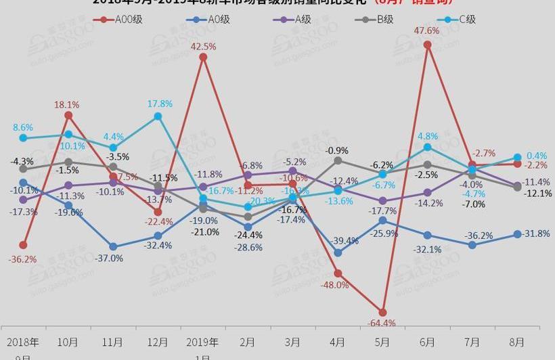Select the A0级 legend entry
pos(208,19)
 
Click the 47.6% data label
pos(427,30)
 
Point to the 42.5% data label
pos(203,46)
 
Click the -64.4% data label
pos(381,323)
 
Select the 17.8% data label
pos(160,104)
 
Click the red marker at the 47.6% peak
pos(428,45)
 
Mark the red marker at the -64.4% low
pos(382,313)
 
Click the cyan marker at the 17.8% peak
pos(158,116)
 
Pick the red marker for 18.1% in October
pos(68,116)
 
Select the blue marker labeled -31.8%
pos(517,234)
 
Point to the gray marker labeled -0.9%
pos(338,160)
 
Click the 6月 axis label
pos(427,342)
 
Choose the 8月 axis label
pos(516,342)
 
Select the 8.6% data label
pos(22,127)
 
